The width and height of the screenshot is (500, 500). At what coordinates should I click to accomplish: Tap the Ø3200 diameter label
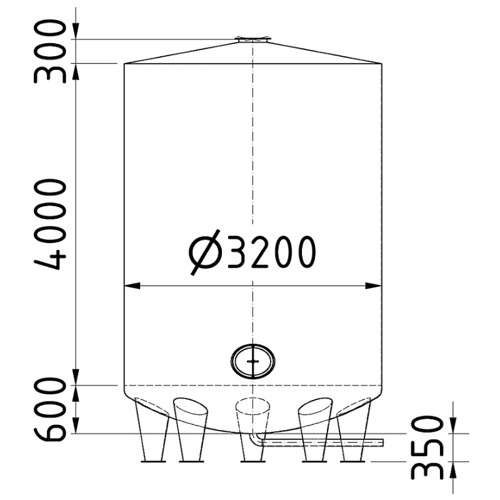(x=252, y=255)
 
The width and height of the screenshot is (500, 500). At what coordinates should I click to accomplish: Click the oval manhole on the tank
(x=252, y=361)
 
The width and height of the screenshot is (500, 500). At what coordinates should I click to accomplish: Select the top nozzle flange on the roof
(x=252, y=40)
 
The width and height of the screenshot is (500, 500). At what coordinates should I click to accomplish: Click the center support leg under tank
(x=252, y=431)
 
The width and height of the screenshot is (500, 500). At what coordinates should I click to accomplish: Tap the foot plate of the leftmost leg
(x=154, y=462)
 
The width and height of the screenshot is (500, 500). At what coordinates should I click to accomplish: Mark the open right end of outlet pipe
(x=382, y=442)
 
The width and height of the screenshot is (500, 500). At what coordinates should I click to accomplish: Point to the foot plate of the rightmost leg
(x=353, y=462)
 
